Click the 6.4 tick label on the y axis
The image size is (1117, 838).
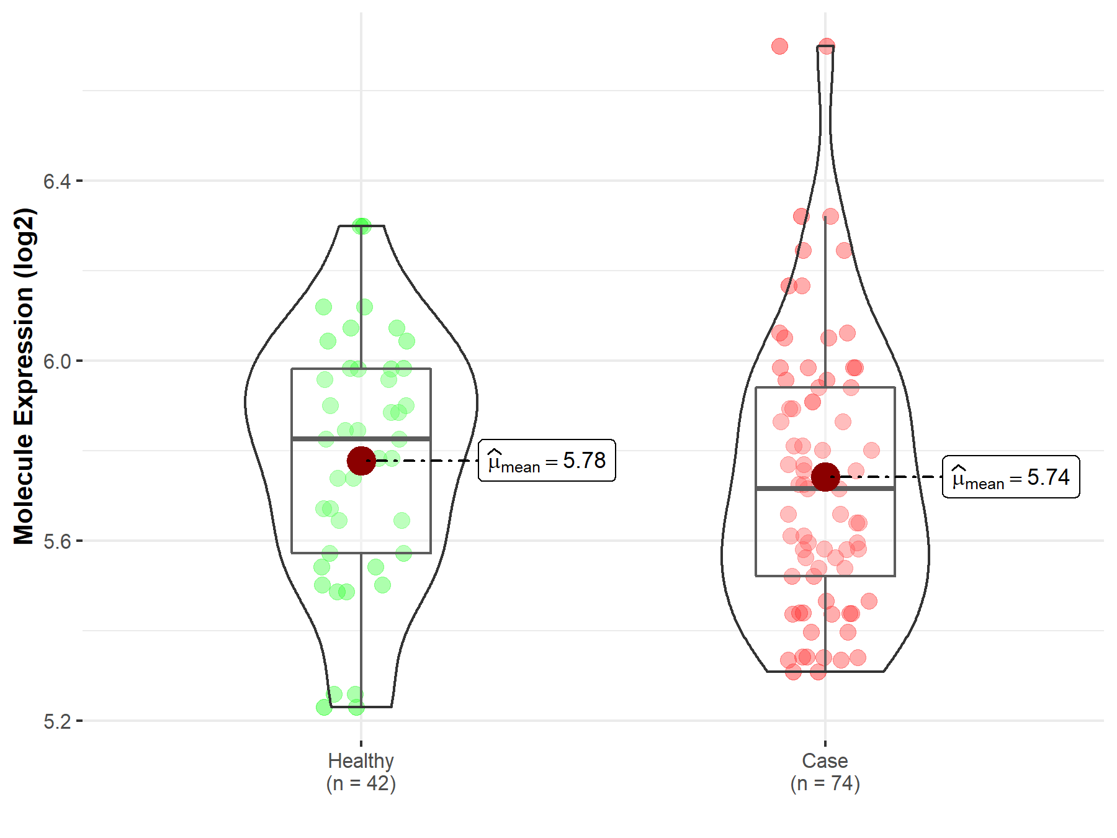(56, 181)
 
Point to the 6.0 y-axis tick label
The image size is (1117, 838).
(56, 361)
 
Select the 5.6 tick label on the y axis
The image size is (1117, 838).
(56, 541)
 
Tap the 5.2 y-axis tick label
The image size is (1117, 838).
(56, 721)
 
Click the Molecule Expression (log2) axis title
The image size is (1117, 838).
(24, 376)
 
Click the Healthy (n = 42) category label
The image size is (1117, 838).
(361, 772)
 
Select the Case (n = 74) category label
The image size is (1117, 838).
(825, 772)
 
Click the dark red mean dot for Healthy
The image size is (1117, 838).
(361, 461)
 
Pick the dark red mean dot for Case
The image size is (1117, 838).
(825, 477)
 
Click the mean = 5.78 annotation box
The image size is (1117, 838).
(547, 461)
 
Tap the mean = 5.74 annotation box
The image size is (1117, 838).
(1011, 477)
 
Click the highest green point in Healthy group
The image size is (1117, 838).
(361, 226)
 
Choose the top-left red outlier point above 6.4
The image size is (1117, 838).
(779, 46)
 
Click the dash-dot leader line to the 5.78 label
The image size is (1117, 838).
(428, 461)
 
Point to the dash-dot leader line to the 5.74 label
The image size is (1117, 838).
(894, 477)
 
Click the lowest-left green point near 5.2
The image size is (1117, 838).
(324, 707)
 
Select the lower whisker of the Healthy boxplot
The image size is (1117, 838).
(361, 627)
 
